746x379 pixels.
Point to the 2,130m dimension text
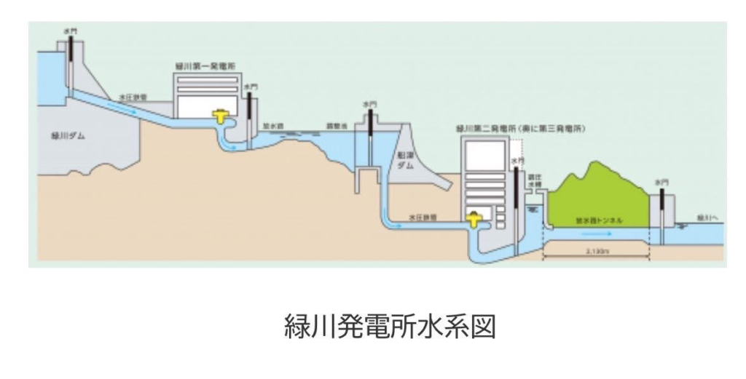pyautogui.click(x=596, y=251)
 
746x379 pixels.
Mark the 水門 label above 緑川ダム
pyautogui.click(x=71, y=30)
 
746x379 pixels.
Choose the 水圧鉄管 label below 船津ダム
pyautogui.click(x=422, y=217)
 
